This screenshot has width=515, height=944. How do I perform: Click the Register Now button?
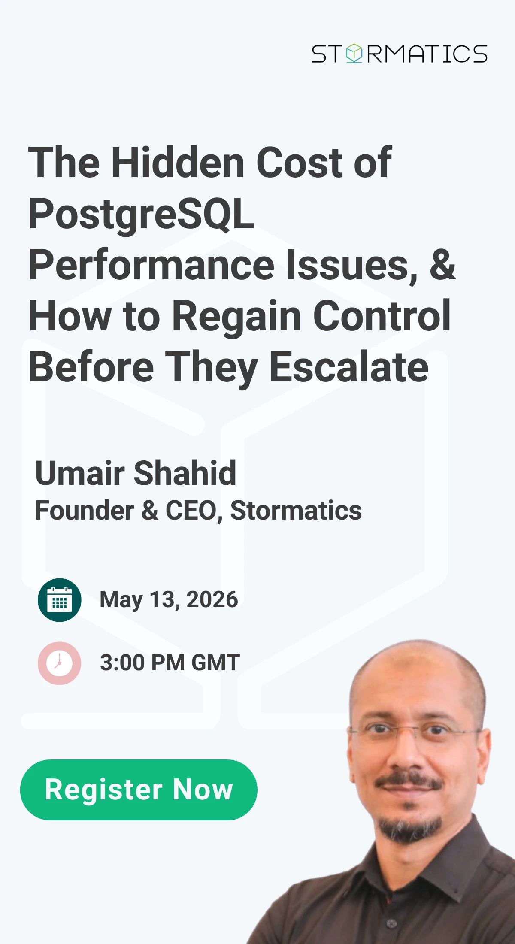(x=139, y=790)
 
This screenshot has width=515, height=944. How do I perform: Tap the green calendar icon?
(x=59, y=600)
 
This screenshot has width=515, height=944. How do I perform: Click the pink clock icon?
(x=59, y=663)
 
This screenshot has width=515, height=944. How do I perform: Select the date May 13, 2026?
(x=169, y=600)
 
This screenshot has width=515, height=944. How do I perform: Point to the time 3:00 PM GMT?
(x=170, y=663)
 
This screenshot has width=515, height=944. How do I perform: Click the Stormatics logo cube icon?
(x=354, y=53)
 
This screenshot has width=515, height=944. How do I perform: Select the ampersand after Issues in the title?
(x=442, y=265)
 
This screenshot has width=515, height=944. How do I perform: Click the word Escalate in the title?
(x=349, y=367)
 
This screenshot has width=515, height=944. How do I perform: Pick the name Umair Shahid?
(x=136, y=473)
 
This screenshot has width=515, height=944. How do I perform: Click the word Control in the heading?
(x=382, y=316)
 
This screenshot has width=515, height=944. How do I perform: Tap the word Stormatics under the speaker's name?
(x=296, y=511)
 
